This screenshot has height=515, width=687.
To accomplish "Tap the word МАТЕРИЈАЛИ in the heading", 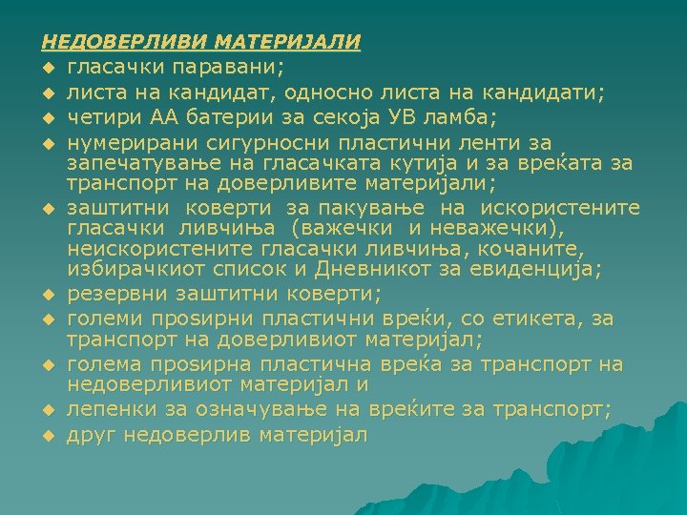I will click(x=288, y=42).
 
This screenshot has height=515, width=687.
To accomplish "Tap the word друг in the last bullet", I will click(x=89, y=435).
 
